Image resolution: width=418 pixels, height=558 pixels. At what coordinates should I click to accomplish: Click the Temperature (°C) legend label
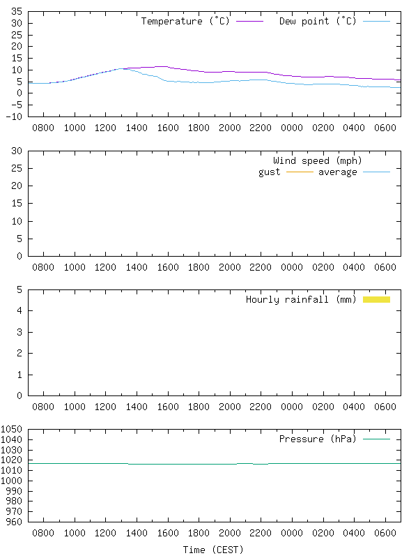click(185, 21)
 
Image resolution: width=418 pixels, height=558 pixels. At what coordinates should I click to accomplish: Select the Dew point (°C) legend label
click(318, 21)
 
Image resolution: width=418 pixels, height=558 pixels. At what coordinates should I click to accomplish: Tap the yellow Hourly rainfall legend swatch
click(376, 299)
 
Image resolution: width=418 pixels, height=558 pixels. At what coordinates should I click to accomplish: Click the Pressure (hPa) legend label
click(318, 439)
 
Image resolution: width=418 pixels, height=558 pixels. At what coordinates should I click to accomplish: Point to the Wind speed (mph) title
click(318, 160)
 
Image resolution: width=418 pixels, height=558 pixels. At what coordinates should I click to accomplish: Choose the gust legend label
click(270, 172)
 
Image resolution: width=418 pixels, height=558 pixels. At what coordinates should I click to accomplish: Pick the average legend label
click(337, 172)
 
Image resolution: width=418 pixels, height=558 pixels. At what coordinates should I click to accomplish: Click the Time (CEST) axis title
click(213, 550)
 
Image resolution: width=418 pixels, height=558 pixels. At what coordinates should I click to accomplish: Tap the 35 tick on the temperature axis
click(16, 12)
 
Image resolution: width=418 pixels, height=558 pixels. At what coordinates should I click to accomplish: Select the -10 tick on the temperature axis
click(13, 116)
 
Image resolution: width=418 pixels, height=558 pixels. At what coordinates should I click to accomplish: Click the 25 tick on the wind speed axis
click(16, 169)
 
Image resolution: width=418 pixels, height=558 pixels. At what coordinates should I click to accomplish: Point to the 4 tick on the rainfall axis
click(19, 310)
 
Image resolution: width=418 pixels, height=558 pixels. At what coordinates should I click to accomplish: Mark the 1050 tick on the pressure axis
click(12, 430)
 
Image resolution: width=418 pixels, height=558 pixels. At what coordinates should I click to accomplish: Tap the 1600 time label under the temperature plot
click(167, 128)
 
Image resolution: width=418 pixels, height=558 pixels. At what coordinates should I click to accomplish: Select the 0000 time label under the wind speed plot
click(291, 268)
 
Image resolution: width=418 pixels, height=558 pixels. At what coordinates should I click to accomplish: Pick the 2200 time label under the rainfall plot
click(261, 407)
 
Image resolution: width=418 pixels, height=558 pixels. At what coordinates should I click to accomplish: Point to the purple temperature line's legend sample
click(249, 22)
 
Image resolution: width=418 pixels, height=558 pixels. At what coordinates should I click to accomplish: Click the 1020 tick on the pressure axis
click(12, 460)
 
